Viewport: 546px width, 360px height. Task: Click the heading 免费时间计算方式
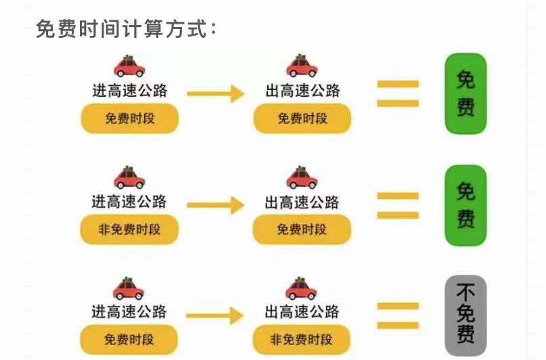127,29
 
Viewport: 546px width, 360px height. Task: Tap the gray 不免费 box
465,313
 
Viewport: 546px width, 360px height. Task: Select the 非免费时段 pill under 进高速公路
130,230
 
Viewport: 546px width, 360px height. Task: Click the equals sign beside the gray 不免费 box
398,315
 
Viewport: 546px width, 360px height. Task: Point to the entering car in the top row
129,66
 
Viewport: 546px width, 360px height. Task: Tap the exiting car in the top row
302,66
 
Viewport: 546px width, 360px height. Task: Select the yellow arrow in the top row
215,93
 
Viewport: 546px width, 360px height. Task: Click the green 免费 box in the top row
465,93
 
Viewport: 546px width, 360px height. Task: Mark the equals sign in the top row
398,93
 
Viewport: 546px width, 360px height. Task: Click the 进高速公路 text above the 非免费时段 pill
129,202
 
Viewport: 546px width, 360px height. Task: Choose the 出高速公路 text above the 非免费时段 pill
302,312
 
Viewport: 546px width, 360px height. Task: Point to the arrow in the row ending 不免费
215,315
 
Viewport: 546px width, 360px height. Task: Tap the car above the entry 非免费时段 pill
129,177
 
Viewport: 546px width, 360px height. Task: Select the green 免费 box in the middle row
465,205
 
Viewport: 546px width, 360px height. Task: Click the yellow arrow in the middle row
215,205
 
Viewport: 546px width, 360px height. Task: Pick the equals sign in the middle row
398,205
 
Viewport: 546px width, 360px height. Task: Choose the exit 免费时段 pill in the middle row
302,230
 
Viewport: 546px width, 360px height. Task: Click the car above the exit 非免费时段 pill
302,288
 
